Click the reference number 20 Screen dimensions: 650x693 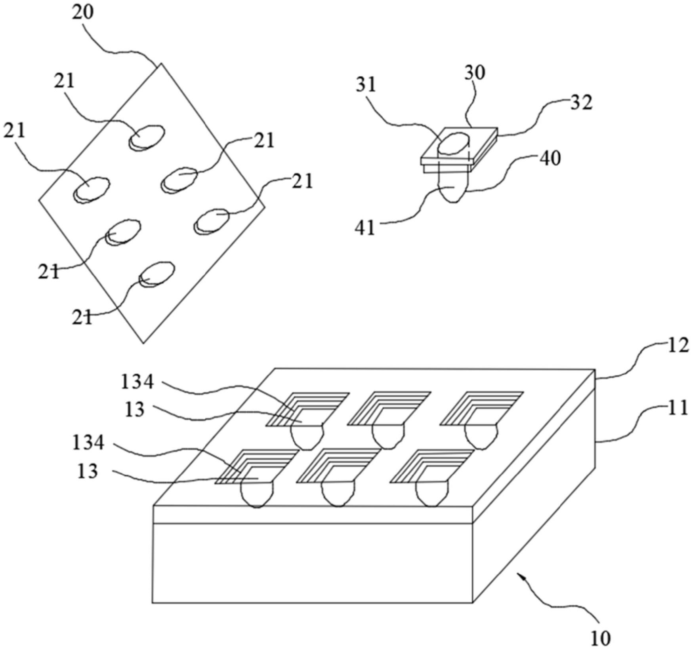(83, 13)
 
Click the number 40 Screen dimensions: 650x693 (550, 159)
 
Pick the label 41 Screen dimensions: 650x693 (365, 228)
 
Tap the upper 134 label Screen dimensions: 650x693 (137, 383)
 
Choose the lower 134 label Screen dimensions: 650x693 (88, 443)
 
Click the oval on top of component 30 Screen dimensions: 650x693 (453, 144)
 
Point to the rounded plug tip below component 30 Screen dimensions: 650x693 (452, 193)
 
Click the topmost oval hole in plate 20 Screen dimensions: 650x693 (147, 137)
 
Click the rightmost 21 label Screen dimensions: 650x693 (302, 181)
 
